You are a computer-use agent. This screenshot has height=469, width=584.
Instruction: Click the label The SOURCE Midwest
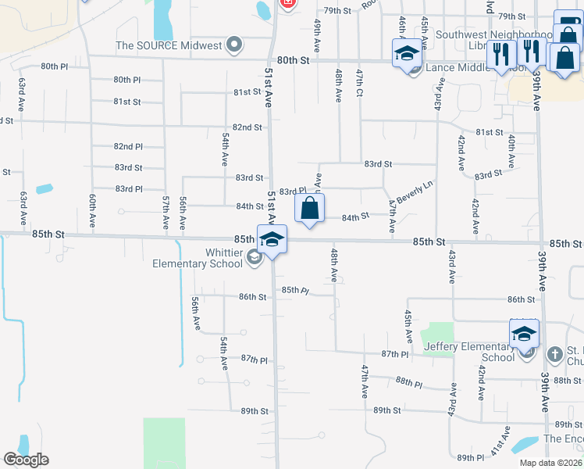coord(169,45)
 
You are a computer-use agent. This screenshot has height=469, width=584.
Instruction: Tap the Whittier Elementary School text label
coord(200,257)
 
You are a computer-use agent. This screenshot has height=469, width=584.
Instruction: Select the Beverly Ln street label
coord(414,193)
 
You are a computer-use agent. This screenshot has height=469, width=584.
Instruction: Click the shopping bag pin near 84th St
coord(310,209)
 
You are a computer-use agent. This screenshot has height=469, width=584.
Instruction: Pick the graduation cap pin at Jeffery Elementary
coord(525,334)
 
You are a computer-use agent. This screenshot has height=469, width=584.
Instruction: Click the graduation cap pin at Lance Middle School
coord(406,55)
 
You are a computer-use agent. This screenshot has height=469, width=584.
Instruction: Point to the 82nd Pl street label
coord(128,147)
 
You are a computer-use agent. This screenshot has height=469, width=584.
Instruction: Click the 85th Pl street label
coord(296,290)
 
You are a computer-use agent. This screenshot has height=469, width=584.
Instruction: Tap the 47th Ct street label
coord(360,82)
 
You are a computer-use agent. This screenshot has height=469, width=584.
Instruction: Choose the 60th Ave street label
coord(92,211)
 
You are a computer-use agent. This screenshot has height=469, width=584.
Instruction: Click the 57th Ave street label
coord(166,211)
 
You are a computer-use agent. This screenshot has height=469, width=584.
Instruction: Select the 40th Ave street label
coord(511,150)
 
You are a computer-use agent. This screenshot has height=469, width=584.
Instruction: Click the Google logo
coord(26,460)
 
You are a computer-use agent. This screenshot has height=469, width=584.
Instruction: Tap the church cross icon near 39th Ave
coord(554,354)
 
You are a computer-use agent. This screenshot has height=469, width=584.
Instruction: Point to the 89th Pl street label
coord(472,457)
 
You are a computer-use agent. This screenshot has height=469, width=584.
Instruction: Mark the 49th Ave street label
coord(318,32)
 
